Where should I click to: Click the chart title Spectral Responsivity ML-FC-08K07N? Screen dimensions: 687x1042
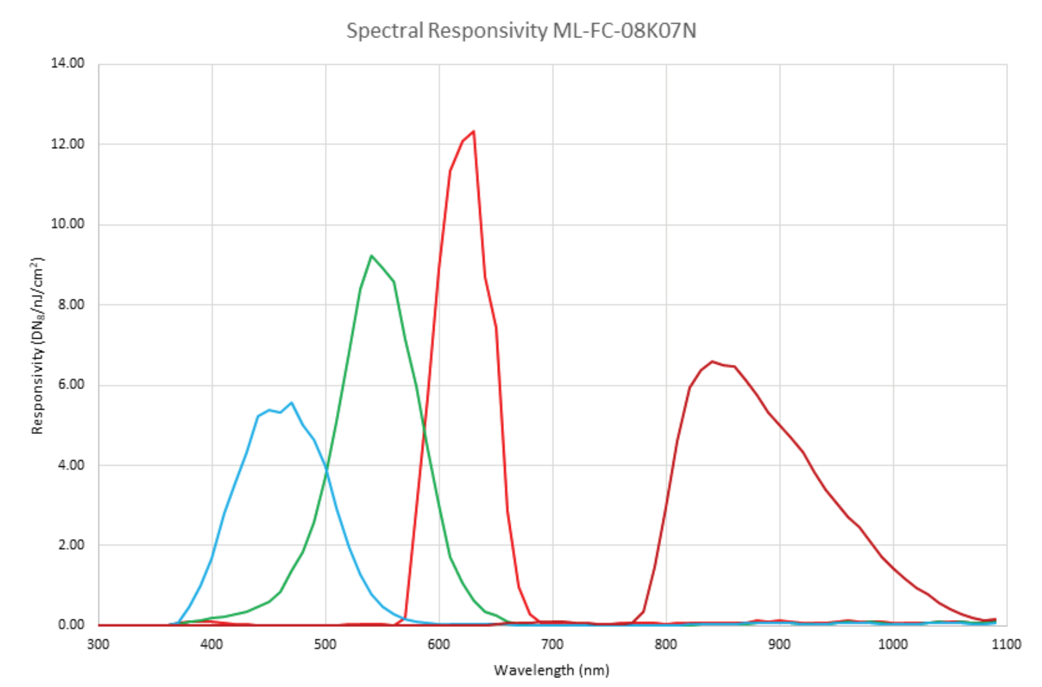tap(521, 30)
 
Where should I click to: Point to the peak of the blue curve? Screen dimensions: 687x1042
tap(291, 403)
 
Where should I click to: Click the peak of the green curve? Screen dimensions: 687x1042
tap(371, 256)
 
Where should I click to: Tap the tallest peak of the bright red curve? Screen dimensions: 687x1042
tap(473, 132)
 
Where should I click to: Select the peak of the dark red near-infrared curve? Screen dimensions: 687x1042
tap(712, 361)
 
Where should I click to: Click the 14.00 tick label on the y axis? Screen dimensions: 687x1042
tap(68, 63)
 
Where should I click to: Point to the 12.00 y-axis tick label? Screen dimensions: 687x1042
tap(68, 144)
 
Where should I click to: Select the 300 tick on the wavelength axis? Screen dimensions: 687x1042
tap(98, 644)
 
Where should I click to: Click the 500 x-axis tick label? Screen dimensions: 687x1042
tap(325, 644)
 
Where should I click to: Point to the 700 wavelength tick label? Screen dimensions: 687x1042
tap(552, 644)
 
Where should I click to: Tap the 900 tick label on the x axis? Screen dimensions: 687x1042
tap(779, 644)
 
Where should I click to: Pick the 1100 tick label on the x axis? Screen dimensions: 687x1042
tap(1006, 644)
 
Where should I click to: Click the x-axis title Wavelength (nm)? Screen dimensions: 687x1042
tap(552, 671)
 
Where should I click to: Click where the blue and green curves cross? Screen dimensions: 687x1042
tap(326, 469)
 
